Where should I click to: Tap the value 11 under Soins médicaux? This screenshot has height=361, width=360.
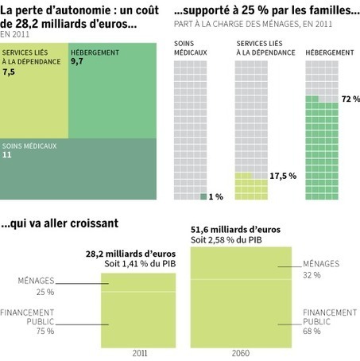(7, 156)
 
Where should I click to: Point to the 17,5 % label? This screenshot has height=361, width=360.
(283, 175)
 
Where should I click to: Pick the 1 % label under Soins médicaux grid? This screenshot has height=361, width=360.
(215, 196)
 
